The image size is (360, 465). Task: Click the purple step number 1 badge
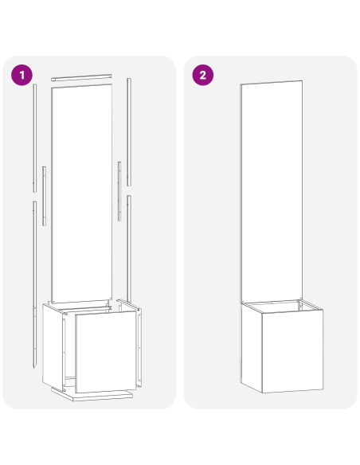(x=22, y=75)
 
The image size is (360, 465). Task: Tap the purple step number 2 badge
(x=203, y=75)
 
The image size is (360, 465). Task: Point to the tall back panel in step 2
(x=272, y=191)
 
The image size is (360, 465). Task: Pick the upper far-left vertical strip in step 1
(x=35, y=135)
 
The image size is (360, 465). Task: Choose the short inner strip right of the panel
(x=119, y=191)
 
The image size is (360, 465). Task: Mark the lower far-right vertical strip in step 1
(x=128, y=247)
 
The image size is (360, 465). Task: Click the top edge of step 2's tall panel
(x=272, y=82)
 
